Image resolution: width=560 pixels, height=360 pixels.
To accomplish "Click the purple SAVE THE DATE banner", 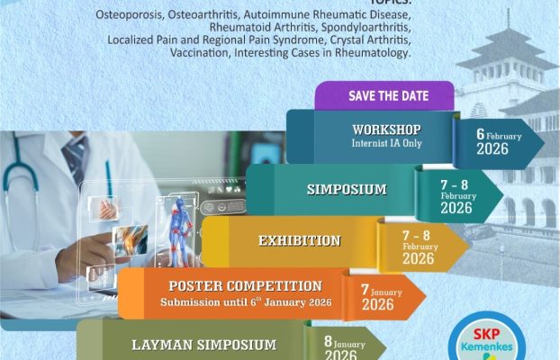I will tap(384, 96).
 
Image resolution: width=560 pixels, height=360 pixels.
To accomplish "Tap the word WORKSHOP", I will tap(386, 130).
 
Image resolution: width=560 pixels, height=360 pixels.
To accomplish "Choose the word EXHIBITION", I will tap(299, 240).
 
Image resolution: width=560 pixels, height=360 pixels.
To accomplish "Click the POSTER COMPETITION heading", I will tap(246, 286).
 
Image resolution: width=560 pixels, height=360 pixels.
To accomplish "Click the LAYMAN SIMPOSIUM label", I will tap(203, 345).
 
